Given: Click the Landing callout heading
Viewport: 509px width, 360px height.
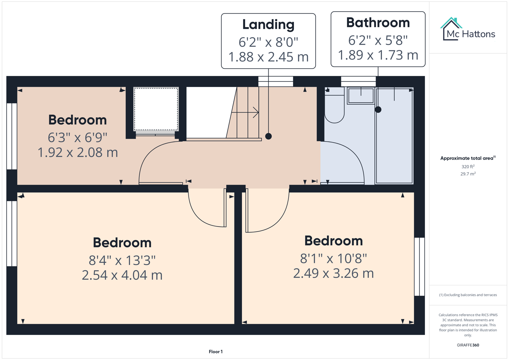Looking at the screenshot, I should (268, 25).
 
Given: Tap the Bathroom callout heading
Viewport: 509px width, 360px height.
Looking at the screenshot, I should (378, 23).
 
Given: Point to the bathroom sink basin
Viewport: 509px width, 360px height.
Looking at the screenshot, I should (361, 96).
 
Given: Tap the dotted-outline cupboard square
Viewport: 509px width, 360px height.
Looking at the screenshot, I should (156, 109).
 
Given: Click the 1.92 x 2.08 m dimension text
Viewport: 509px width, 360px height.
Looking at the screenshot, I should (78, 153).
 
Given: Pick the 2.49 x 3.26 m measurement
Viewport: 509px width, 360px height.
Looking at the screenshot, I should (333, 273).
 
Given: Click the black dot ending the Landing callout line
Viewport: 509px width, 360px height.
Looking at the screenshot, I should (268, 136).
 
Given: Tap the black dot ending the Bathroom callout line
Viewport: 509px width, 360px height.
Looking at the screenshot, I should (378, 110).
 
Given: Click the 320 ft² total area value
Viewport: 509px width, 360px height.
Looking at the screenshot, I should (468, 167).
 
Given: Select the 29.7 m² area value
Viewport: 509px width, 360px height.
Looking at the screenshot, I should (468, 174).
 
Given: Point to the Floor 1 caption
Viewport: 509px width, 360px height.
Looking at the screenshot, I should (216, 352).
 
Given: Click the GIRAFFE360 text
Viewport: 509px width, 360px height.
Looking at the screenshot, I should (468, 345).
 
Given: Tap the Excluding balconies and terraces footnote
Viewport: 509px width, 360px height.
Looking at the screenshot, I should (468, 295).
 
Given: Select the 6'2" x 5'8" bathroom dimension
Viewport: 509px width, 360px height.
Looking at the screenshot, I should (378, 41).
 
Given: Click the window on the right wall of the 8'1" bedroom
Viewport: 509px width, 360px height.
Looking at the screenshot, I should (419, 267).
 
